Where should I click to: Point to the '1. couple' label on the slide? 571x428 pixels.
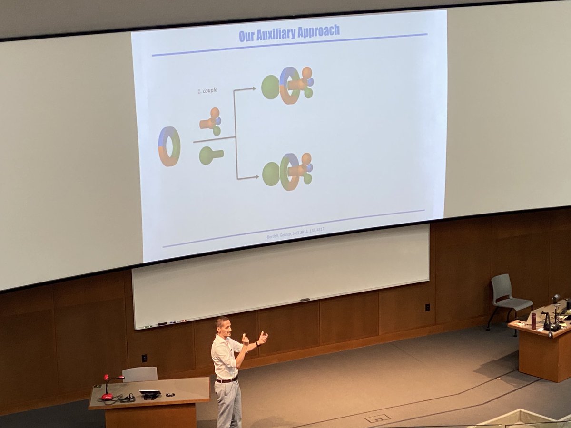click(x=207, y=90)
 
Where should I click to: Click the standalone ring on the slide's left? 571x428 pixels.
click(x=169, y=146)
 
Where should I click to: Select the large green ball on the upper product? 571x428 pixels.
click(x=270, y=87)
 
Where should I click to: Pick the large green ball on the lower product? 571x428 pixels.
click(x=271, y=174)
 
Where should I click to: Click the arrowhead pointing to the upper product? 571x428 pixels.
click(x=253, y=88)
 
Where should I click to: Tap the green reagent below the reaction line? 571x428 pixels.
click(x=210, y=155)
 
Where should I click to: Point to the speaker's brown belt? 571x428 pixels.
click(x=226, y=380)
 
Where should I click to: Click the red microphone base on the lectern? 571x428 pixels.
click(x=107, y=397)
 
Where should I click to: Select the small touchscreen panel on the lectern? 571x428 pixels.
click(x=149, y=393)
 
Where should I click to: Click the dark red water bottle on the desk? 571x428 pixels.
click(x=533, y=321)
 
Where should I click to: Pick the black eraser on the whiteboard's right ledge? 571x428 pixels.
click(x=305, y=300)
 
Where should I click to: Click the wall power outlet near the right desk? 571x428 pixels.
click(x=427, y=307)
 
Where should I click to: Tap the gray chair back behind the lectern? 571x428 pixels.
click(x=139, y=374)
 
